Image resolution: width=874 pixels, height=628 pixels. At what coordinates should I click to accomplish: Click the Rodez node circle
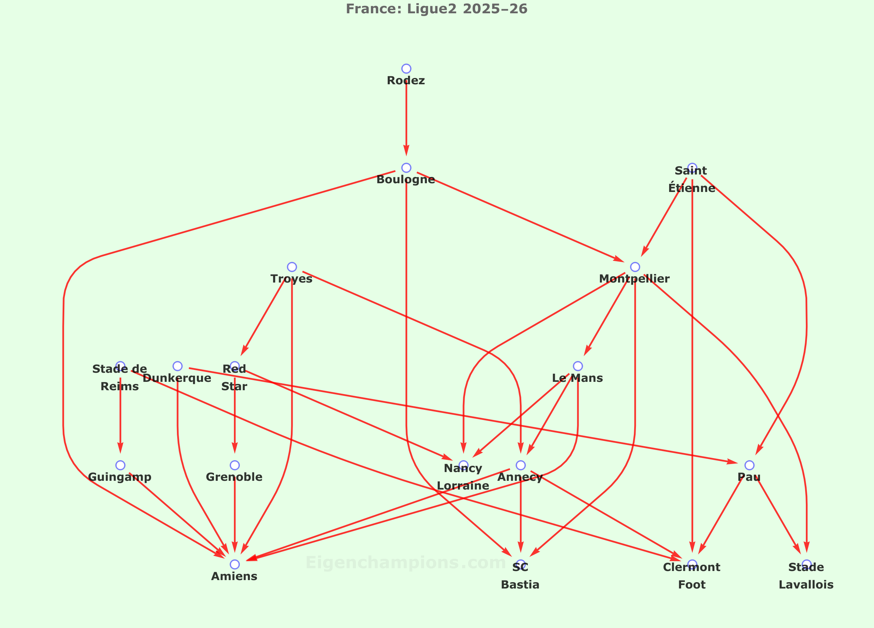click(x=406, y=69)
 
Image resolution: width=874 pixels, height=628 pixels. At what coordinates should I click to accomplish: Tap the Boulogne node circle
click(x=406, y=168)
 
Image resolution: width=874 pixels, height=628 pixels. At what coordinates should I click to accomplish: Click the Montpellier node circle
click(x=635, y=267)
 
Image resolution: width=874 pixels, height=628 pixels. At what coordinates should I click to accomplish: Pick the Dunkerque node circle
click(x=178, y=366)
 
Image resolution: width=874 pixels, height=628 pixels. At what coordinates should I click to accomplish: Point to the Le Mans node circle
click(x=578, y=366)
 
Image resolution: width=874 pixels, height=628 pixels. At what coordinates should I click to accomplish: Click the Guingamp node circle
click(x=121, y=465)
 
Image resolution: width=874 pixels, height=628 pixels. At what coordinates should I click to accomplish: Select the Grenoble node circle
click(x=235, y=465)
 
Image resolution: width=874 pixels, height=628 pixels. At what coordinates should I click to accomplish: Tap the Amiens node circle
click(x=235, y=564)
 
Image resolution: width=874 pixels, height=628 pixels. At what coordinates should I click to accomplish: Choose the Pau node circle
click(x=750, y=465)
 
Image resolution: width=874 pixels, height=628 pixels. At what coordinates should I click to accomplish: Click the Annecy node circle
click(x=521, y=465)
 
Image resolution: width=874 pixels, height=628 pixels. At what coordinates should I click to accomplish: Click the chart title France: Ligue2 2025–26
click(x=437, y=8)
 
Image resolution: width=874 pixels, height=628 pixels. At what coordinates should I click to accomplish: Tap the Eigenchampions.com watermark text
click(x=406, y=563)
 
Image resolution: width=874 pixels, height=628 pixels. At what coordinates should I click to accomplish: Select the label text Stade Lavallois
click(x=806, y=576)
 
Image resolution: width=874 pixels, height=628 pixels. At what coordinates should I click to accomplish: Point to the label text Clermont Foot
click(x=692, y=576)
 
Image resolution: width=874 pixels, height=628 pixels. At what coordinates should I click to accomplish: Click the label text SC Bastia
click(x=520, y=576)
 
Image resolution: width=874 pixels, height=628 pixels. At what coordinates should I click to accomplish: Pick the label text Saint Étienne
click(x=692, y=179)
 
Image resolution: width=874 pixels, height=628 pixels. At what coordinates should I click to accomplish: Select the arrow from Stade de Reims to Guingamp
click(x=121, y=416)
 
